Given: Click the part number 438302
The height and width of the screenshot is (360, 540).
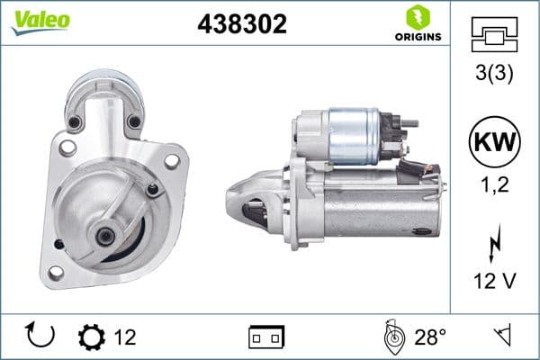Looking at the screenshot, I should click(x=241, y=25).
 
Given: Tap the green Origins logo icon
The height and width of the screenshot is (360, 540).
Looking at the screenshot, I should click(x=417, y=16).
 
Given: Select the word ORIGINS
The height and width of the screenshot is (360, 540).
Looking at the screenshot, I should click(x=417, y=37).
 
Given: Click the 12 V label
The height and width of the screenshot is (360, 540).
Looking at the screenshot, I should click(x=494, y=283).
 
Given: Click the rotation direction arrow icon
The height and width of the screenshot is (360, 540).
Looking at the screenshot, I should click(x=41, y=336).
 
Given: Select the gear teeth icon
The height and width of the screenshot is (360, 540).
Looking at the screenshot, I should click(x=91, y=337).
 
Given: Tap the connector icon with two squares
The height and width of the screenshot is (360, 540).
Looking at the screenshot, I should click(x=265, y=337).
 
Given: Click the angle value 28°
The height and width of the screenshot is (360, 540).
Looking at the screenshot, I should click(x=429, y=337).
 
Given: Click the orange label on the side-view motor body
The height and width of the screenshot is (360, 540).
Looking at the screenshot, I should click(x=421, y=229).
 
